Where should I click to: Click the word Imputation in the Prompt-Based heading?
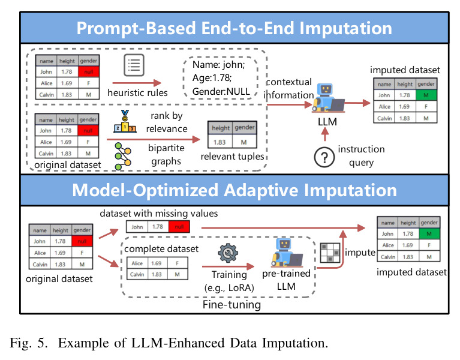[345, 28]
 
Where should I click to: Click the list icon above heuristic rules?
[134, 65]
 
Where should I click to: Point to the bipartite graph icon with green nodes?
[123, 156]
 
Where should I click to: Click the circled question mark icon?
[324, 157]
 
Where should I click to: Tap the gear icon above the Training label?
[228, 253]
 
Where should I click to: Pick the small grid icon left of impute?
[330, 253]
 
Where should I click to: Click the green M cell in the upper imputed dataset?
[426, 95]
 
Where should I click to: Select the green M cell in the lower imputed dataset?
[429, 234]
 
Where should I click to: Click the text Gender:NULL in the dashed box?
[221, 92]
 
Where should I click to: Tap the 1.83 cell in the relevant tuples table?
[220, 142]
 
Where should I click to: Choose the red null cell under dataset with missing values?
[179, 227]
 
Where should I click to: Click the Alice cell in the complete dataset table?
[137, 263]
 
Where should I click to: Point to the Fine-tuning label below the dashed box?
[231, 305]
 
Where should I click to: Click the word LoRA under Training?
[240, 288]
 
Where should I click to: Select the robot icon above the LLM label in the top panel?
[328, 98]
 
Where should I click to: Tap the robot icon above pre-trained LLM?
[287, 253]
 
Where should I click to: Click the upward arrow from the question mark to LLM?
[324, 135]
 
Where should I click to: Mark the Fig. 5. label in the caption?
[28, 343]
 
